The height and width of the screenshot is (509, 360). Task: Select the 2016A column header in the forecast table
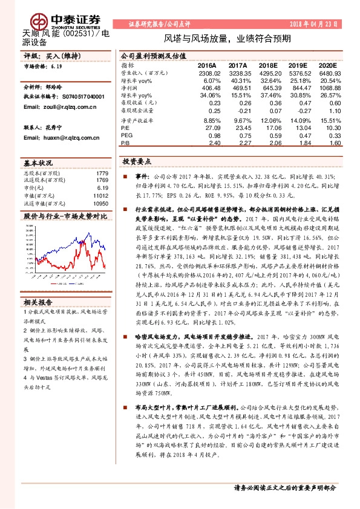(207, 65)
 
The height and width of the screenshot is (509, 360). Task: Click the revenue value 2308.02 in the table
(207, 72)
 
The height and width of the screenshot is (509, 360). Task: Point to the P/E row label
(125, 128)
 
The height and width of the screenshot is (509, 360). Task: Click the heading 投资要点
(136, 162)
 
